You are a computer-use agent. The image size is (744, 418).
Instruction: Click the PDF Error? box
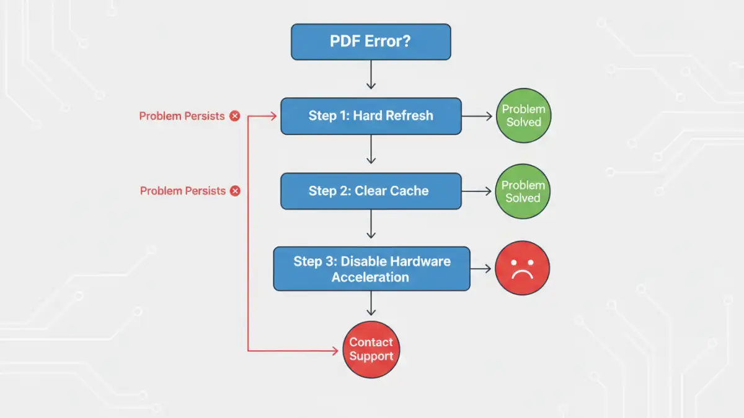coord(371,42)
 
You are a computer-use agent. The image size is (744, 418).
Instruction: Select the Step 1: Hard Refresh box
coord(371,116)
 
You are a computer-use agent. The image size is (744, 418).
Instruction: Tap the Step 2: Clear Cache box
coord(371,191)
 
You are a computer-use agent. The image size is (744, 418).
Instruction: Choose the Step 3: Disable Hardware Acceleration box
coord(371,269)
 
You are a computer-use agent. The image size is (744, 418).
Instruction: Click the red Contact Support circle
coord(371,349)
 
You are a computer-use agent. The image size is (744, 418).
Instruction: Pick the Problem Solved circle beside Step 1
coord(523,116)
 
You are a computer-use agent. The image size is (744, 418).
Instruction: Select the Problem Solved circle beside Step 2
coord(523,191)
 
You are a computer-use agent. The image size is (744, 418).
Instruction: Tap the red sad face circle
coord(522,268)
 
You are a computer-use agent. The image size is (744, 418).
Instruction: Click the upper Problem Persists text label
coord(182,116)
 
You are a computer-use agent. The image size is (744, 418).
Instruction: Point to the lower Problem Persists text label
coord(182,191)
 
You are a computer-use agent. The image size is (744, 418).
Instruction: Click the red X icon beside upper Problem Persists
coord(234,116)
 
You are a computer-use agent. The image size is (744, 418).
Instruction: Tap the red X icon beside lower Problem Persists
coord(235,191)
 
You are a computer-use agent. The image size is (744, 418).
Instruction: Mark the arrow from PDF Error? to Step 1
coord(371,76)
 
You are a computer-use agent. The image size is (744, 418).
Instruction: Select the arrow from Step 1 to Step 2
coord(371,150)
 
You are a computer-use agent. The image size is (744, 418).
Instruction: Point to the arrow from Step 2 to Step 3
coord(371,225)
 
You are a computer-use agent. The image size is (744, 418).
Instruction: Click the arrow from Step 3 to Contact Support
coord(371,305)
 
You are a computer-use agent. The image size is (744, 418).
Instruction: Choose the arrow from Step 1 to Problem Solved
coord(477,116)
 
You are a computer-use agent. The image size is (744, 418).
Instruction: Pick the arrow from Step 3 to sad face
coord(481,269)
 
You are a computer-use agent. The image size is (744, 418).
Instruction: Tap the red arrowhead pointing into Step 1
coord(273,116)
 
